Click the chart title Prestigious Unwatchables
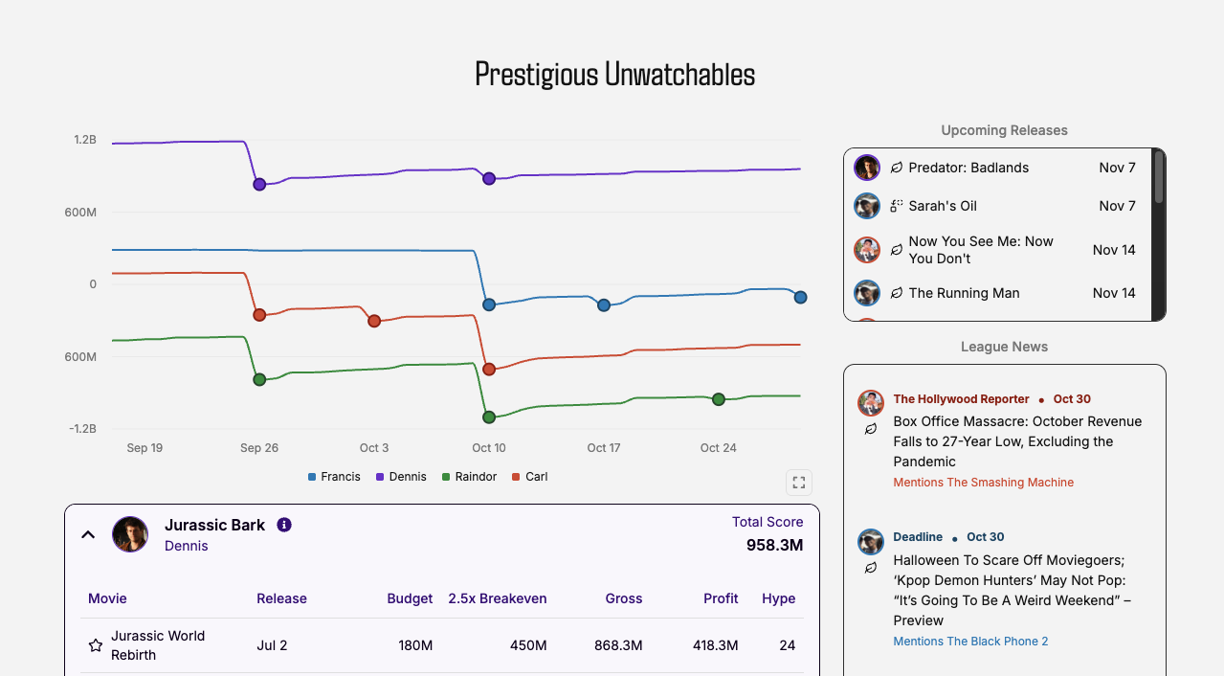coord(614,75)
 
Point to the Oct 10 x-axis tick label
coord(488,448)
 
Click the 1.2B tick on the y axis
coord(85,140)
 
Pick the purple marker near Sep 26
coord(259,184)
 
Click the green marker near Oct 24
coord(719,399)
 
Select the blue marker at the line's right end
coord(800,298)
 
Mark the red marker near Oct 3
coord(374,321)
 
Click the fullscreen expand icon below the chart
coord(799,483)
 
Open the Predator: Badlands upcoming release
coord(968,168)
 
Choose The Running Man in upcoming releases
coord(964,293)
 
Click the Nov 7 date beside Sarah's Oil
coord(1117,206)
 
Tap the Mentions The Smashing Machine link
coord(983,483)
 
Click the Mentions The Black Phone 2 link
coord(970,642)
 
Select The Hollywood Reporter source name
coord(961,399)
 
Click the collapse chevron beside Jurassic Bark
coord(88,534)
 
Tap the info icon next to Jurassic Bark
coord(284,525)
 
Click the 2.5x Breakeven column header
coord(498,598)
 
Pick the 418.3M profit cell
coord(715,645)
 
